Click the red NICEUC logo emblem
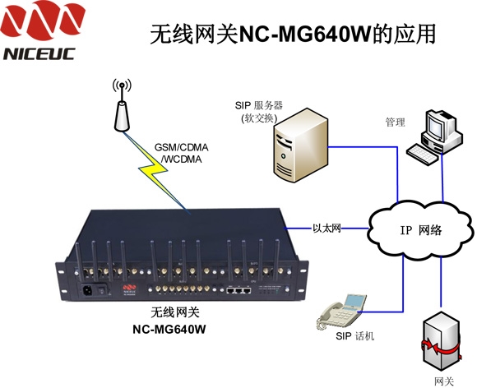tap(42, 20)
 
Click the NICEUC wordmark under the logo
tap(39, 54)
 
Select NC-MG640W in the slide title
tap(305, 34)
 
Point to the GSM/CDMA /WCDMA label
tap(182, 153)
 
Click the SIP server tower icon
tap(300, 145)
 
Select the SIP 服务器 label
tap(259, 105)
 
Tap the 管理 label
tap(395, 122)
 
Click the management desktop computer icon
tap(435, 137)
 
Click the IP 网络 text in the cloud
tap(421, 230)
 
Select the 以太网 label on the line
tap(326, 228)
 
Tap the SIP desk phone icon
tap(341, 311)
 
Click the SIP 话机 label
tap(354, 336)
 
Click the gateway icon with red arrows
tap(442, 343)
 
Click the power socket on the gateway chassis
tap(88, 290)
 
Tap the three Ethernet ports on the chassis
tap(239, 291)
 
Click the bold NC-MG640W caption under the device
tap(169, 330)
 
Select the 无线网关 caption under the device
tap(175, 312)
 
